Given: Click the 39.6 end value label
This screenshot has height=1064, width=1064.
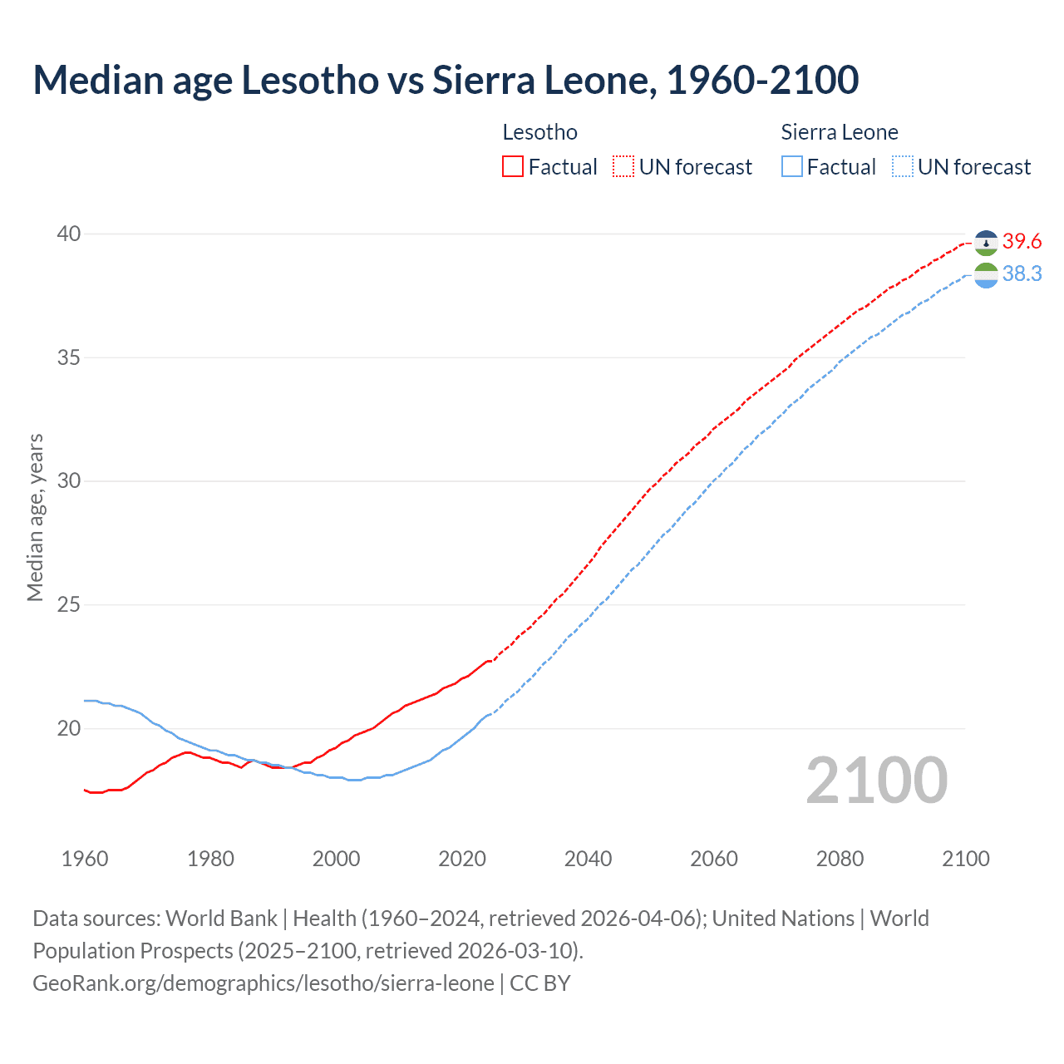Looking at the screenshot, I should click(1022, 242).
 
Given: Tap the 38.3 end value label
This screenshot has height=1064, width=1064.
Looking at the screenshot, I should click(1022, 274).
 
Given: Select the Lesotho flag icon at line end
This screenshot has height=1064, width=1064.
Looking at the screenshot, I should click(986, 243).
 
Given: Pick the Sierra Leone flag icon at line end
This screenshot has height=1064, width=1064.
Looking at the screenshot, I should click(986, 275).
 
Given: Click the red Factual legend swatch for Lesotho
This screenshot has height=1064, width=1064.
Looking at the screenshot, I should click(513, 167).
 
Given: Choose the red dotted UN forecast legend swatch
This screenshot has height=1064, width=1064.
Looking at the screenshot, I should click(623, 167).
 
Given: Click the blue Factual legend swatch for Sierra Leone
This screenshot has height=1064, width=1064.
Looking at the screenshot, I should click(791, 167).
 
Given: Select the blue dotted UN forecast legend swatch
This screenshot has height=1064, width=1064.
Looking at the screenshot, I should click(902, 167).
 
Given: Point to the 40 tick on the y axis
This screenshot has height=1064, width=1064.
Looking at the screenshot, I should click(69, 234).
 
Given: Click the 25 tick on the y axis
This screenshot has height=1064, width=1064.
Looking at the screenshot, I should click(69, 604).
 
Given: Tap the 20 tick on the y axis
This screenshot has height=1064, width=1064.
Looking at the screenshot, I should click(69, 728).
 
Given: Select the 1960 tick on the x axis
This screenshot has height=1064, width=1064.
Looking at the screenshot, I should click(85, 859).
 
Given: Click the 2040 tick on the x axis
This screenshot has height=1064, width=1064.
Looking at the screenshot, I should click(588, 859).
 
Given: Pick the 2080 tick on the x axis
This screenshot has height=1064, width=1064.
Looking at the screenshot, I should click(840, 859).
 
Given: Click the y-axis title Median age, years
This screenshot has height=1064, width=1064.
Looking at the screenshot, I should click(35, 517).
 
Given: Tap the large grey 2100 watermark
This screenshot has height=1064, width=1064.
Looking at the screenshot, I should click(876, 781).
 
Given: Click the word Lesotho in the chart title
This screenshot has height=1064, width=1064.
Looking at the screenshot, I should click(307, 80).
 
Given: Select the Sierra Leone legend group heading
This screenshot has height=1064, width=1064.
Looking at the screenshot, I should click(840, 132).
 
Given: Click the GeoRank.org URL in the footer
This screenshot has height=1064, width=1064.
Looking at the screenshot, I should click(264, 983).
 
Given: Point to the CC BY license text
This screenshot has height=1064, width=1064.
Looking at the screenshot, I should click(540, 983).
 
